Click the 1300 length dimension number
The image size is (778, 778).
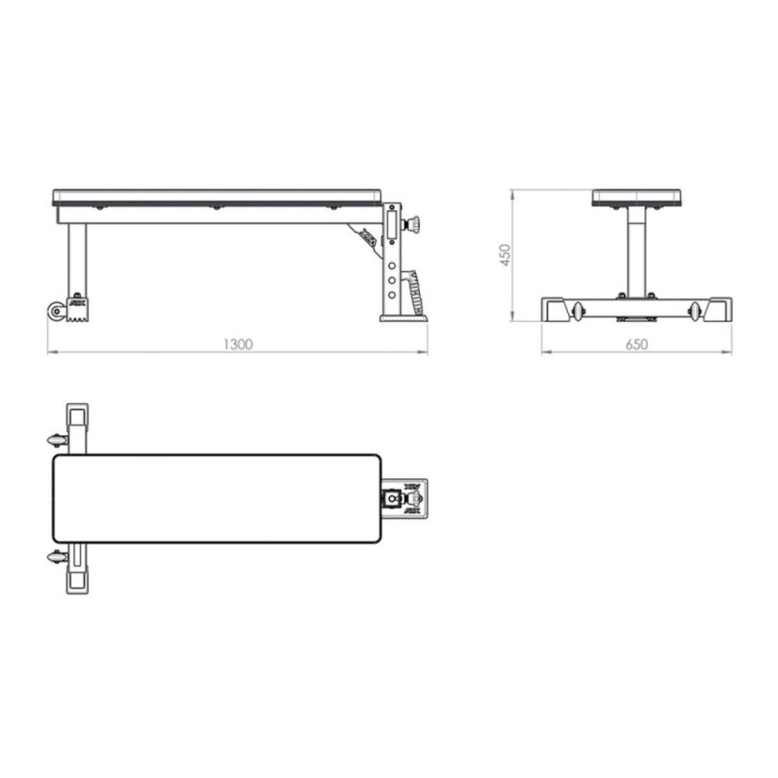[239, 345]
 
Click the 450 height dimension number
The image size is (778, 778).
[504, 255]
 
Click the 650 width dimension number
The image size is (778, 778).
[638, 345]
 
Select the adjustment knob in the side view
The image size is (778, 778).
[413, 225]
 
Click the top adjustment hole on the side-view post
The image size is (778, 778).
[391, 251]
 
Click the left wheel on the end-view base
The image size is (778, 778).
[578, 310]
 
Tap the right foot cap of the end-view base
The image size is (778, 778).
[721, 311]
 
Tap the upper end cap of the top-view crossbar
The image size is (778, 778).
[77, 415]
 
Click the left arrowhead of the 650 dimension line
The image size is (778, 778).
[545, 353]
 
